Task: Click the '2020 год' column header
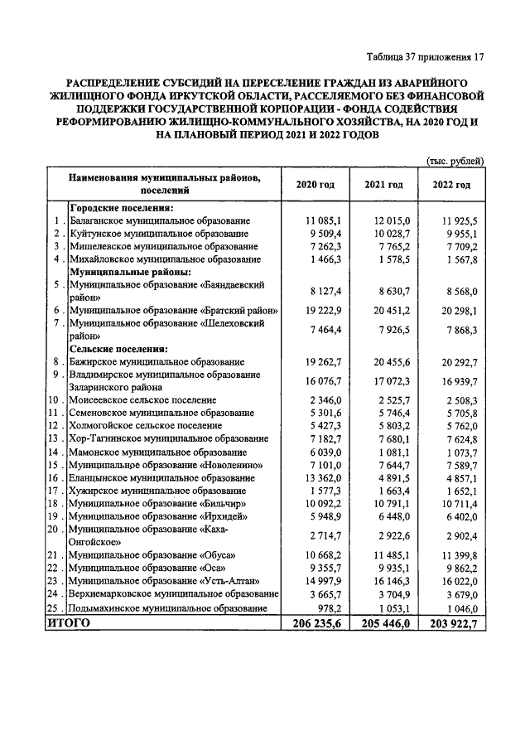(316, 185)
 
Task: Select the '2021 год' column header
(383, 185)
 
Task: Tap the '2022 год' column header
(451, 185)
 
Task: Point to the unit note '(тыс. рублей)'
(455, 161)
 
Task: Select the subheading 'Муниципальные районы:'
(130, 271)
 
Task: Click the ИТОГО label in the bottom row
(68, 623)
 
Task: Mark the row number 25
(54, 607)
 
